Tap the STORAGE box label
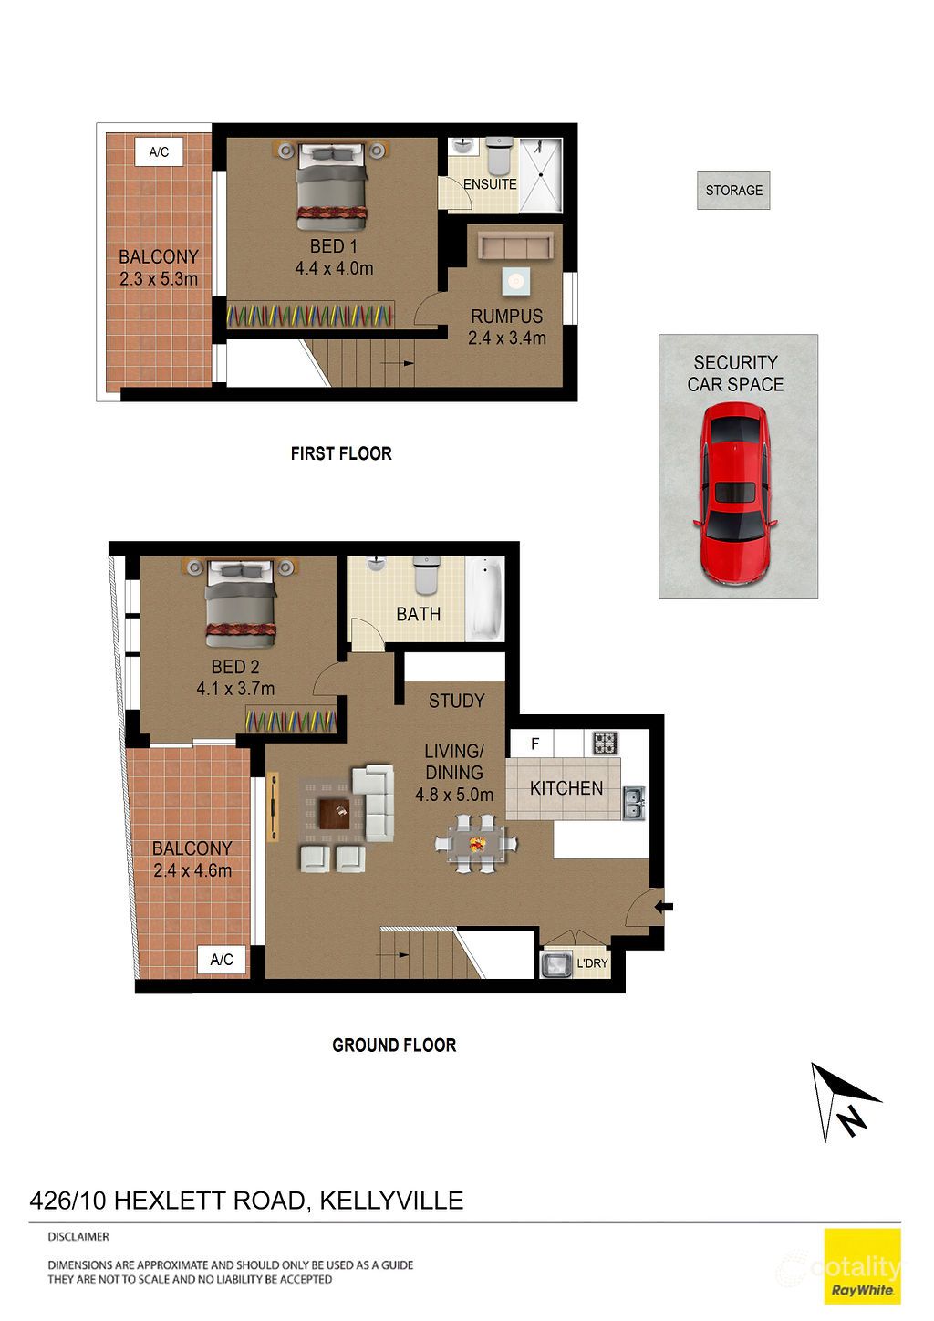coord(733,191)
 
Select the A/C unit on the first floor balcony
coord(159,152)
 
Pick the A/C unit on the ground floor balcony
coord(222,959)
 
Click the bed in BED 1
coord(332,185)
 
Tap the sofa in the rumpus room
coord(516,247)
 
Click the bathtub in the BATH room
coord(484,598)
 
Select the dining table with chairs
coord(476,845)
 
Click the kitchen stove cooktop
coord(606,743)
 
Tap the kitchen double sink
coord(633,803)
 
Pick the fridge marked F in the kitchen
coord(534,744)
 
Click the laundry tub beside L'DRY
coord(555,963)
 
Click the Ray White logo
coord(862,1266)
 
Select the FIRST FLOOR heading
coord(341,453)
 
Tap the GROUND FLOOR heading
coord(394,1045)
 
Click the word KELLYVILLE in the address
coord(391,1201)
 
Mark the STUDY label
coord(456,701)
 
